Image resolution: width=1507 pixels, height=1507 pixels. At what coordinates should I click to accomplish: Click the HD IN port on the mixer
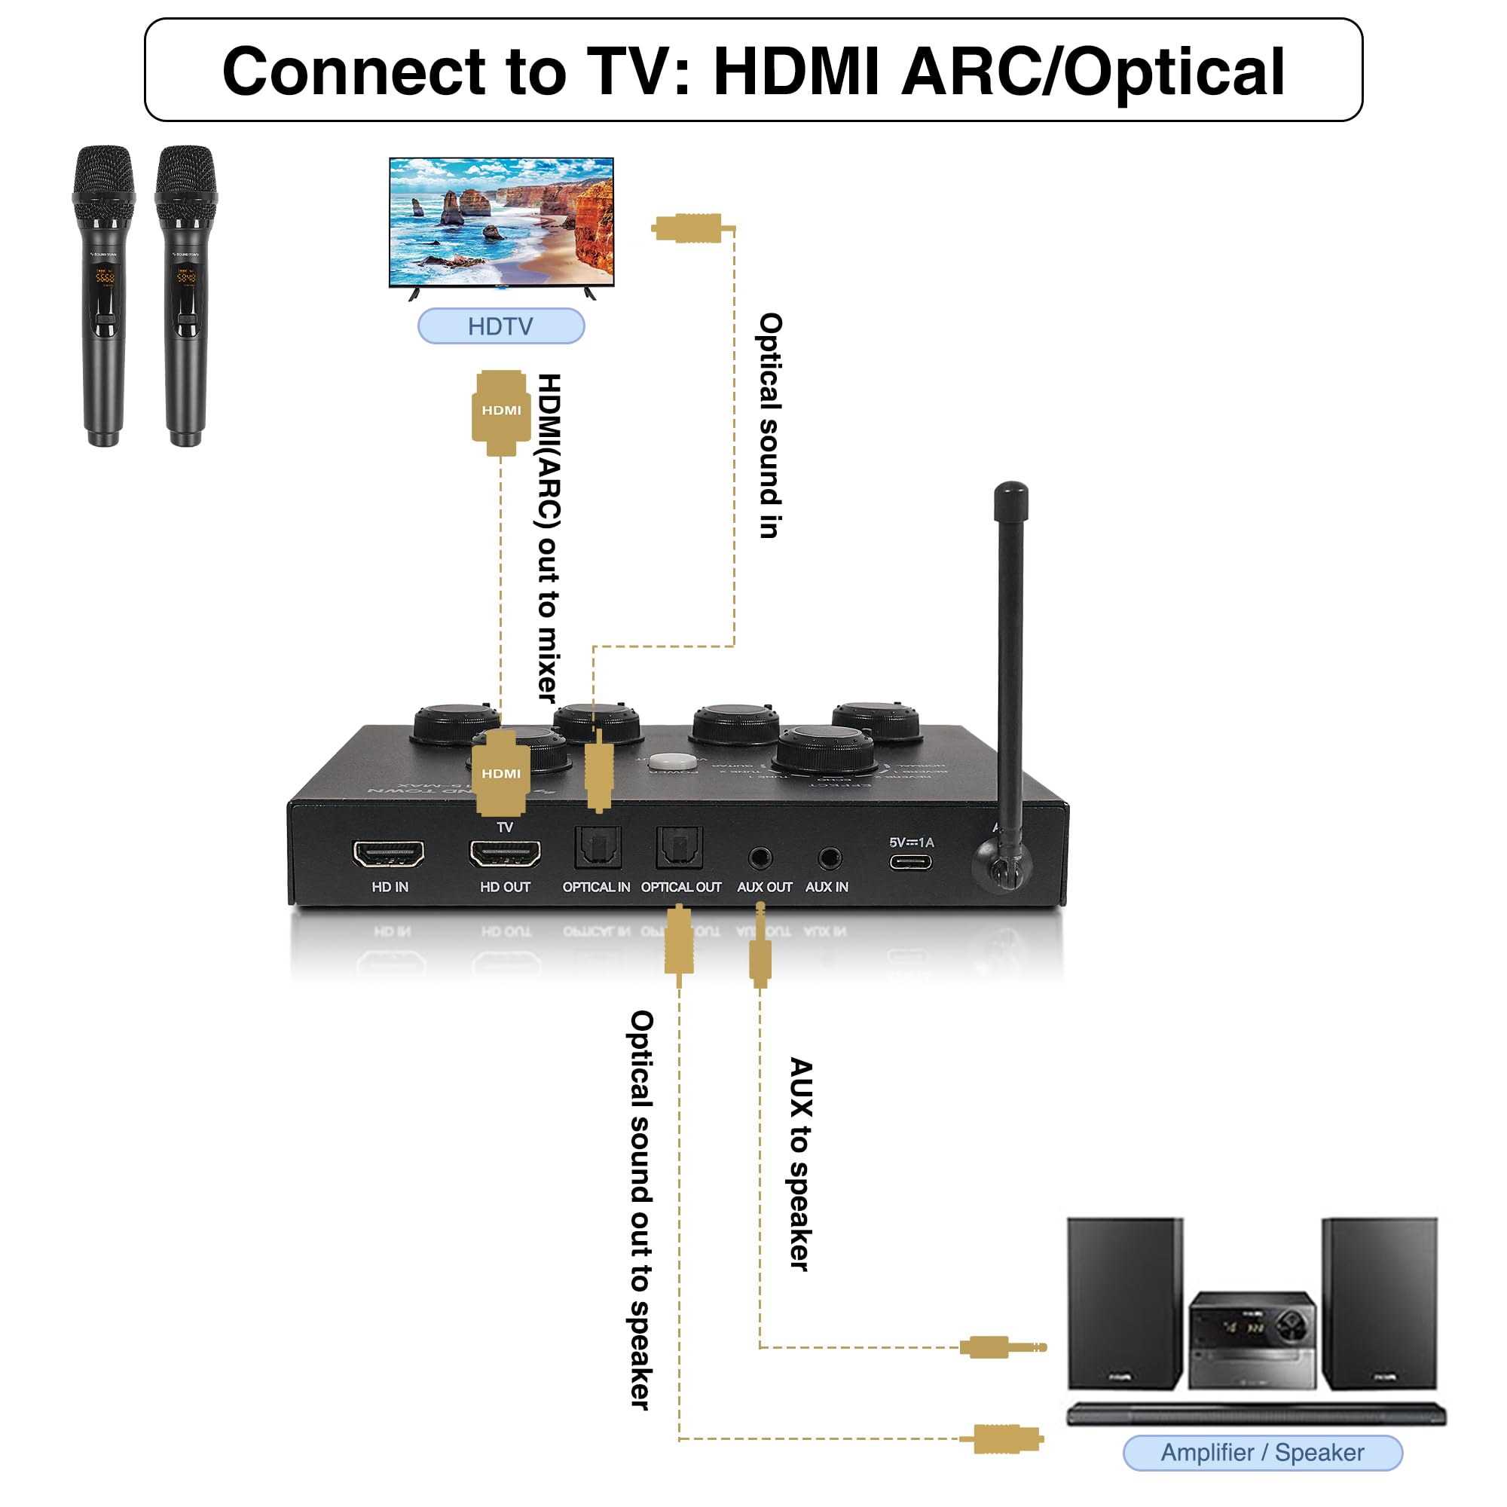(389, 854)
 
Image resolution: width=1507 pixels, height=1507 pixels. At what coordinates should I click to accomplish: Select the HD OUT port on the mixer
(505, 854)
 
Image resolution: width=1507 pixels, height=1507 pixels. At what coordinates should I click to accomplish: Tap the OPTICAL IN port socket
(598, 847)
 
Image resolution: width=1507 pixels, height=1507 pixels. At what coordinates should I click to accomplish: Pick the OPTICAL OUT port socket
(680, 847)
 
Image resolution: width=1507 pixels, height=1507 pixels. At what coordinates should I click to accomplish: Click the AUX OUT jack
(760, 858)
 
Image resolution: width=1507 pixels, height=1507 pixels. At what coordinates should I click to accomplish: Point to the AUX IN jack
(829, 858)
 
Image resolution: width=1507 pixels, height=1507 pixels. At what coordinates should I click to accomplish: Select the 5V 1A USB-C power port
(910, 862)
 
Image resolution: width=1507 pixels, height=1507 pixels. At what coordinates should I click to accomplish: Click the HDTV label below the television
(501, 326)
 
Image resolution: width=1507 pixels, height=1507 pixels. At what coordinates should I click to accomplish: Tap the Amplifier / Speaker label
(1262, 1453)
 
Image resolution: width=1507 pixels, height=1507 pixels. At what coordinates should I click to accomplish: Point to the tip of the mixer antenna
(1011, 491)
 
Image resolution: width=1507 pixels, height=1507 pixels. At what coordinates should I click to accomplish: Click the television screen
(502, 222)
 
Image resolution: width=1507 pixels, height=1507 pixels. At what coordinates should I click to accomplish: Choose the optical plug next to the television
(688, 228)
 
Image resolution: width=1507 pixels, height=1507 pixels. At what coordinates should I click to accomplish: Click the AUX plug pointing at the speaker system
(1002, 1347)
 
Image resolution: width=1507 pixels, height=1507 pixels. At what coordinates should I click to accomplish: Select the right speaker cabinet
(1378, 1303)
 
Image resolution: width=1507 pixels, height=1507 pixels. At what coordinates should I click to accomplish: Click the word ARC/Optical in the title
(1092, 72)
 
